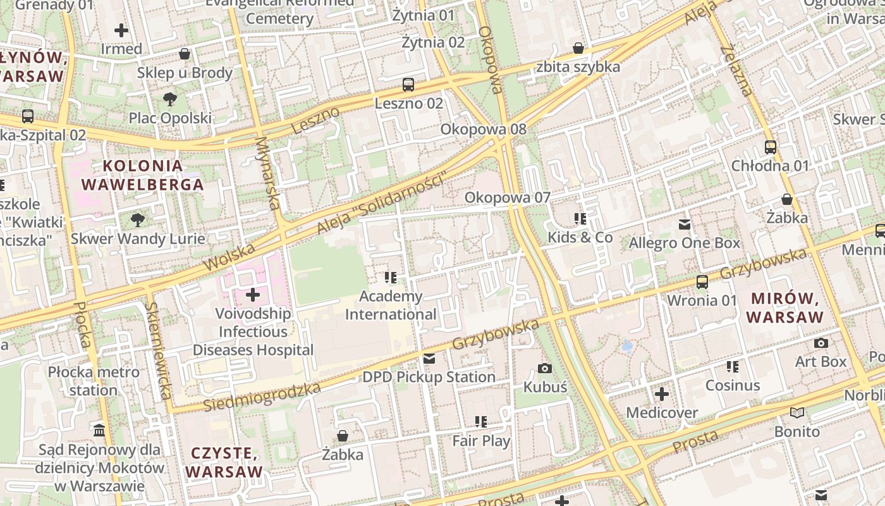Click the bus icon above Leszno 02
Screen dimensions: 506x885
click(x=408, y=84)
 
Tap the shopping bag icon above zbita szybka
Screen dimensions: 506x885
click(x=578, y=48)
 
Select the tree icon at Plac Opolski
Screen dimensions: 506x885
click(x=169, y=99)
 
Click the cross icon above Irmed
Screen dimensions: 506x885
click(x=121, y=30)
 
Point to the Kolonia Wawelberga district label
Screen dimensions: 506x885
click(x=143, y=175)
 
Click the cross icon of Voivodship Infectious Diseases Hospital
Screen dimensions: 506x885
click(x=253, y=295)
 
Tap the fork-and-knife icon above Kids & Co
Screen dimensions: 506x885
click(x=580, y=219)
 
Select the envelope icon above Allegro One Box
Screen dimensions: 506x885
click(x=684, y=224)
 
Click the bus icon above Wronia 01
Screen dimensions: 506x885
click(x=702, y=281)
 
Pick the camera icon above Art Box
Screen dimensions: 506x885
click(x=821, y=343)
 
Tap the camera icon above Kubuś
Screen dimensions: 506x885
click(x=544, y=368)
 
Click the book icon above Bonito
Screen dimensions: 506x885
click(x=797, y=413)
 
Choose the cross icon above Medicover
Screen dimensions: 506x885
click(x=662, y=395)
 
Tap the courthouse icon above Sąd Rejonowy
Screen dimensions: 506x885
click(x=99, y=431)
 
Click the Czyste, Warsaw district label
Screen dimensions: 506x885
click(x=224, y=462)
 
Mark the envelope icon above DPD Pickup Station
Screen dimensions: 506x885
click(x=429, y=359)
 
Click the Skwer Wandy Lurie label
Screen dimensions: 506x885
click(x=138, y=238)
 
